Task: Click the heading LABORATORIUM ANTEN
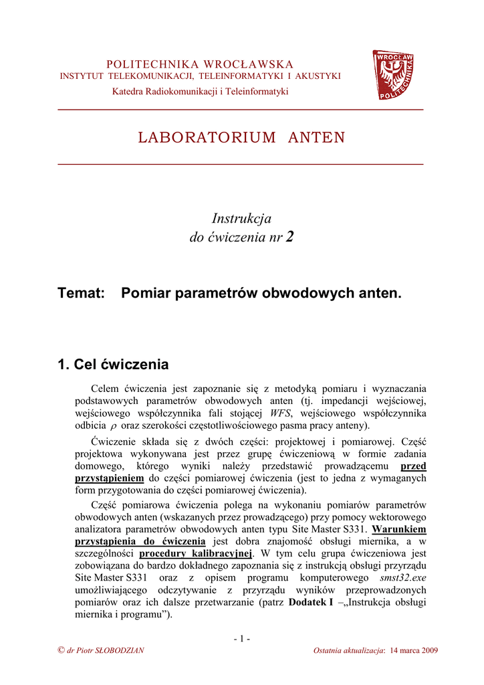[x=241, y=138]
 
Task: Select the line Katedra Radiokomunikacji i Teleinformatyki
[x=200, y=91]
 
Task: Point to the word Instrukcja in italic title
[x=241, y=218]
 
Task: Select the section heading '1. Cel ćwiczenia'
[x=113, y=365]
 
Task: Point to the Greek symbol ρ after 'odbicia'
[x=113, y=425]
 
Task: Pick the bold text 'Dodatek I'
[x=311, y=603]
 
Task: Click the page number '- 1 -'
[x=241, y=638]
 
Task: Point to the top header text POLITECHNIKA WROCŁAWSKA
[x=200, y=64]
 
